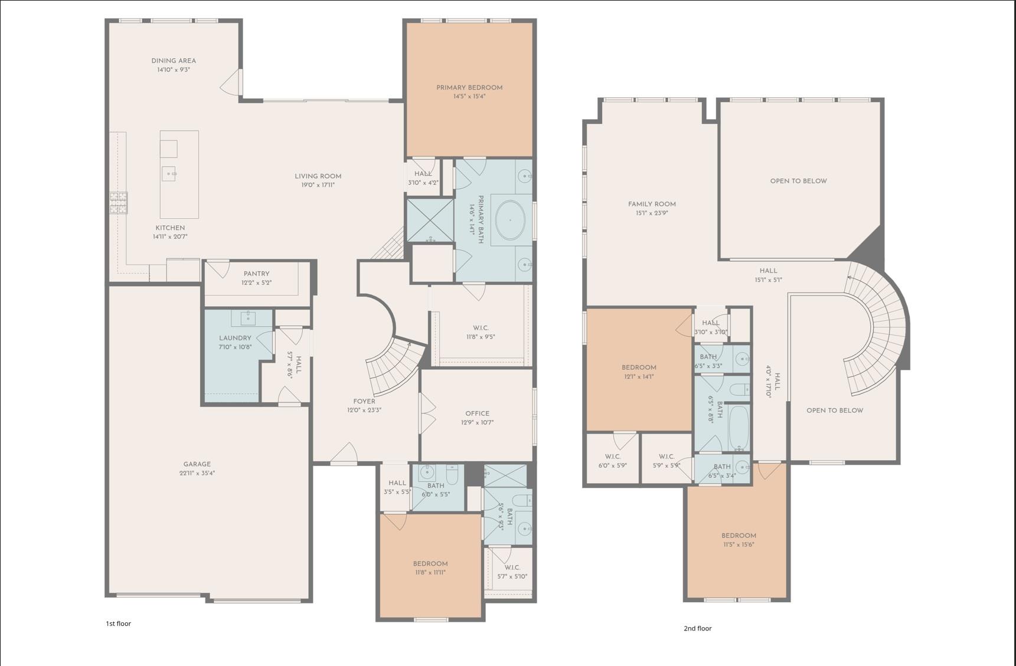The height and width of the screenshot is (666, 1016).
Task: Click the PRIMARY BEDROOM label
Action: point(469,87)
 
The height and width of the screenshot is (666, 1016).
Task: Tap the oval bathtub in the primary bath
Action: point(510,221)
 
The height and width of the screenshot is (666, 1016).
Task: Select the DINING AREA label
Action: point(173,61)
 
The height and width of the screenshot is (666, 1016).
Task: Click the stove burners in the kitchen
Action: point(118,202)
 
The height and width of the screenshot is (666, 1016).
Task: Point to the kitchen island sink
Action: point(169,174)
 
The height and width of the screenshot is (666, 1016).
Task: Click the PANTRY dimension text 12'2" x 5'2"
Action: point(256,283)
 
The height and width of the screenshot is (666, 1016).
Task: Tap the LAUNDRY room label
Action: point(235,338)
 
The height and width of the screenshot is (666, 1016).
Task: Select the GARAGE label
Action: point(197,464)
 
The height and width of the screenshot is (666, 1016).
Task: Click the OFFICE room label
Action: point(477,414)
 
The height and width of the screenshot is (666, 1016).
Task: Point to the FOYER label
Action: point(364,401)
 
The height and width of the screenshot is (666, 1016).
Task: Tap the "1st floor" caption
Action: point(118,624)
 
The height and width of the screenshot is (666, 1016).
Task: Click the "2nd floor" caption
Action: point(697,628)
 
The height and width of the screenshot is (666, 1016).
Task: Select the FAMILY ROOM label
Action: point(652,204)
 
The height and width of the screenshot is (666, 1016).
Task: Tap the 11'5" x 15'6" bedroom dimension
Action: point(739,544)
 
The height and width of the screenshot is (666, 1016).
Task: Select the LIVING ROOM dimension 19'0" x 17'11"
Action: point(318,185)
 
